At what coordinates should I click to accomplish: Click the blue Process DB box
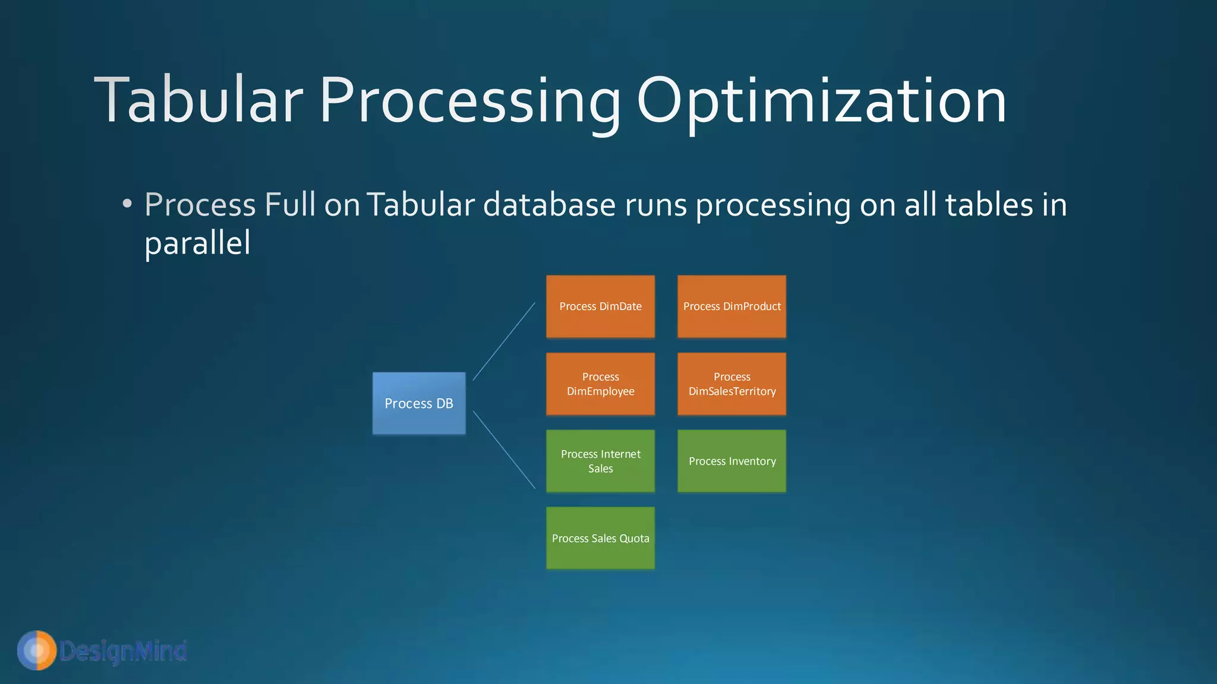[x=419, y=403]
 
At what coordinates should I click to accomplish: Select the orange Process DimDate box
[x=600, y=306]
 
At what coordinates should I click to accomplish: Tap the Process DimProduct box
[x=732, y=306]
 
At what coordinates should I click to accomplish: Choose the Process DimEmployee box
[x=600, y=384]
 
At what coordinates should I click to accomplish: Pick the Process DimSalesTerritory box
[x=732, y=384]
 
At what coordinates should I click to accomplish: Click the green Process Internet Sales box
[x=600, y=461]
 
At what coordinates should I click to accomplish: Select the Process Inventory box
[x=732, y=461]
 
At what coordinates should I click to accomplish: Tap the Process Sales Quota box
[x=600, y=538]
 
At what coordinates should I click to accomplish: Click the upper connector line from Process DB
[x=504, y=341]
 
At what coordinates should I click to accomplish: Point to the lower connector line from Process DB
[x=504, y=449]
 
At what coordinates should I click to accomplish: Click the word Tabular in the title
[x=199, y=101]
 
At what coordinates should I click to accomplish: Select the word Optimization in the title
[x=821, y=101]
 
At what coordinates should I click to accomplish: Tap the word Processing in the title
[x=469, y=101]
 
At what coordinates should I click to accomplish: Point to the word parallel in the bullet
[x=197, y=243]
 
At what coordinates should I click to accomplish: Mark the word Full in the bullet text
[x=290, y=205]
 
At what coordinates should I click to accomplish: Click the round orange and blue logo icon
[x=37, y=650]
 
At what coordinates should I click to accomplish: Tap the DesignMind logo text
[x=123, y=651]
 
